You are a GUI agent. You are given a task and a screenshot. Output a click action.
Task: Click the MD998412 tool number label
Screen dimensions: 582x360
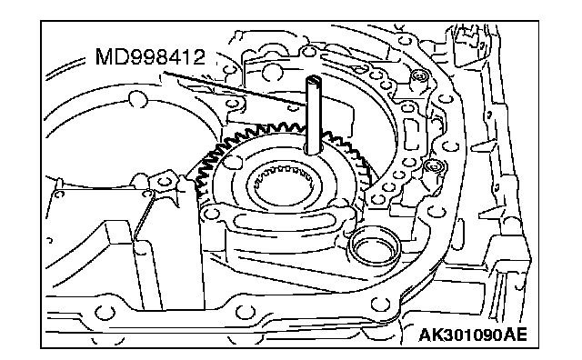[150, 56]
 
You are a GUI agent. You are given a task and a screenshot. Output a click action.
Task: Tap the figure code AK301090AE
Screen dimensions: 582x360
[473, 335]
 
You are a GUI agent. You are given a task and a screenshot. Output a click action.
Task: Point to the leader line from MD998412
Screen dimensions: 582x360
[236, 89]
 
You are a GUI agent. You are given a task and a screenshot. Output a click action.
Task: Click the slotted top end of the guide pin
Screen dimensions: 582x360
[314, 80]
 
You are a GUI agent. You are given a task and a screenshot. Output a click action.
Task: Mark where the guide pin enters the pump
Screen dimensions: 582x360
[314, 149]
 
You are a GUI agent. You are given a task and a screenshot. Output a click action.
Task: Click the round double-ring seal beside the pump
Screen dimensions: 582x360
[374, 246]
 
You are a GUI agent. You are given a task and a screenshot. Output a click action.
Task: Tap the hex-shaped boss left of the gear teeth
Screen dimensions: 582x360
[164, 182]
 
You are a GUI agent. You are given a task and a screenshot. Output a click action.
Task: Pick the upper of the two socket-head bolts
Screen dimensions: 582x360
[420, 77]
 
